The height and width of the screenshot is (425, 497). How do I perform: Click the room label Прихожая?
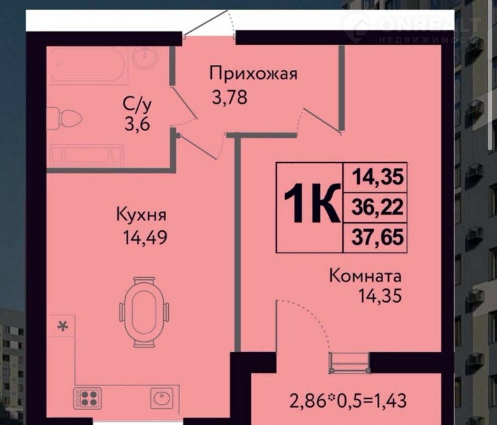point(254,74)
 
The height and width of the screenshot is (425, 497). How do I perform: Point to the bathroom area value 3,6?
point(137,124)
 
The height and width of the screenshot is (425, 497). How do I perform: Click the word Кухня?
point(141,215)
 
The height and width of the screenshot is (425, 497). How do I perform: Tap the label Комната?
point(366,276)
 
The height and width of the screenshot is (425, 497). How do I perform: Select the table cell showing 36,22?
point(377,207)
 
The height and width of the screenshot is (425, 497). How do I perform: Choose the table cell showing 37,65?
point(377,237)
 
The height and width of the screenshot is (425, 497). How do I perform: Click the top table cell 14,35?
point(378,177)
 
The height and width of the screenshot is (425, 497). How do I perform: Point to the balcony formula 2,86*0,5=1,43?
point(348,401)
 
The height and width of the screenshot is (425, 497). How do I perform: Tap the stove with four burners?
point(87,398)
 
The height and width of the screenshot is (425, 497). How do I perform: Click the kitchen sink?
point(162,398)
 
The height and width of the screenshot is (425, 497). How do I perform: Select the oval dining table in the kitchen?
point(144,312)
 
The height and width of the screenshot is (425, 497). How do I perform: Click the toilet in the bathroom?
point(64,118)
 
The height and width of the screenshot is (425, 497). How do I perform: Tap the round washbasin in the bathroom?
point(144,57)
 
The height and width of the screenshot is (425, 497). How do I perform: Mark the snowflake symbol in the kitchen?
point(63,326)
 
